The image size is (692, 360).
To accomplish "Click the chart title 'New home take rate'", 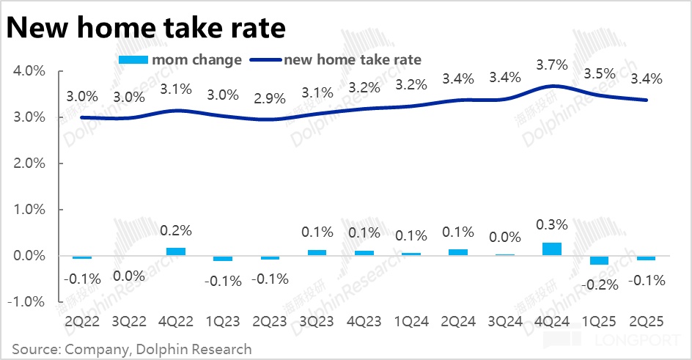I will click(146, 27).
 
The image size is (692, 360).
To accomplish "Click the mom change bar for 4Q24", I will click(551, 249).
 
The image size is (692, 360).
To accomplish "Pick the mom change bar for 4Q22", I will click(176, 251).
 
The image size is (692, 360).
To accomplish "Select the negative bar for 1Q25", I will click(600, 260).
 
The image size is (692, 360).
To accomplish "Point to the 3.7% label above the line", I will click(551, 65).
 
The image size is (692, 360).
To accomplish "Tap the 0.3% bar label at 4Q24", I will click(551, 224).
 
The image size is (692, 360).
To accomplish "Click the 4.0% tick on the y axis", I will click(29, 71).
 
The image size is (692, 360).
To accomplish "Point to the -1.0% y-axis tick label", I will click(28, 302).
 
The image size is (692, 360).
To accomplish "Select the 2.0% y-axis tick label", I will click(29, 164).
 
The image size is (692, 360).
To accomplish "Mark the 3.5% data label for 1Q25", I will click(600, 74).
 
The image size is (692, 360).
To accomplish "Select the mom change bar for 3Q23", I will click(317, 252).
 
